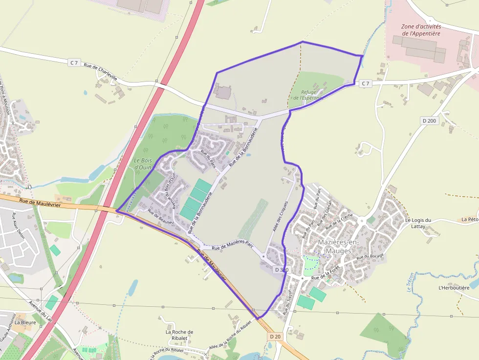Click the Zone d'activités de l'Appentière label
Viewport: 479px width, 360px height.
click(421, 30)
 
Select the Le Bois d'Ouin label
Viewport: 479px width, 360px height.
click(143, 164)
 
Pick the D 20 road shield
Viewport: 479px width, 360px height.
click(275, 337)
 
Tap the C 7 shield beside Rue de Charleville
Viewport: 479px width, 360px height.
click(74, 62)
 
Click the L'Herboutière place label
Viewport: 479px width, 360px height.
click(454, 288)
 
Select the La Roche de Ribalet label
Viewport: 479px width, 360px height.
click(179, 335)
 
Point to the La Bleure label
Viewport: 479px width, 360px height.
click(23, 322)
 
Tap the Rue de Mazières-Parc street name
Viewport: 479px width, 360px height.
click(232, 245)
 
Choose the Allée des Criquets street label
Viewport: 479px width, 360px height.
click(280, 216)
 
